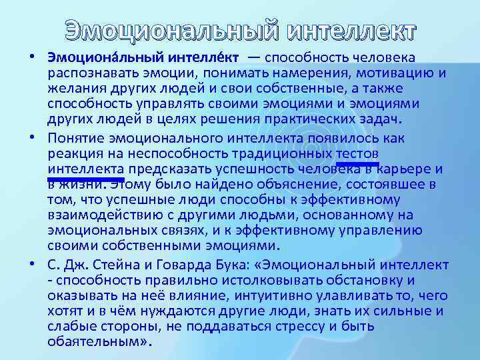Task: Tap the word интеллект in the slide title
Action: pyautogui.click(x=352, y=31)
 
